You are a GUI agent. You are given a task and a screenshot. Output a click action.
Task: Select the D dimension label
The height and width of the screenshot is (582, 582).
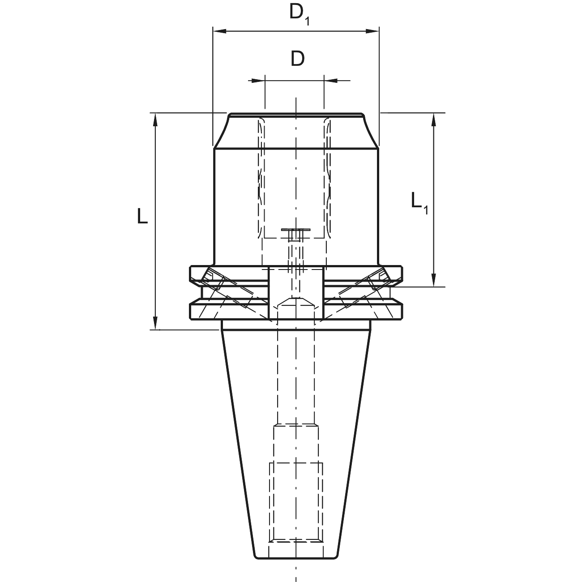(298, 59)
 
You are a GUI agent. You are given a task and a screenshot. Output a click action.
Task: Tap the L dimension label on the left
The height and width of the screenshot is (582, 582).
(142, 216)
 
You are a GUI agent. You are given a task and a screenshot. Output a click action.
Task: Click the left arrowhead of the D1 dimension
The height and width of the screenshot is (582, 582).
(219, 31)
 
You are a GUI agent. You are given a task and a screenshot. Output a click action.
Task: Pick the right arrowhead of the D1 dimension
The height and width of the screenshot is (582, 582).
(372, 31)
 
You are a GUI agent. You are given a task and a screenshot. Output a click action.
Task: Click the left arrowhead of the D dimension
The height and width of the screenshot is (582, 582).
(258, 81)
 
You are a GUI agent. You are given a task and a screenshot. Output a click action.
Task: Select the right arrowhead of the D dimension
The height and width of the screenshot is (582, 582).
(331, 81)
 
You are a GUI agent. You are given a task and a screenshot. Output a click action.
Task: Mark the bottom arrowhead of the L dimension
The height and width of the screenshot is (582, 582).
(155, 323)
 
